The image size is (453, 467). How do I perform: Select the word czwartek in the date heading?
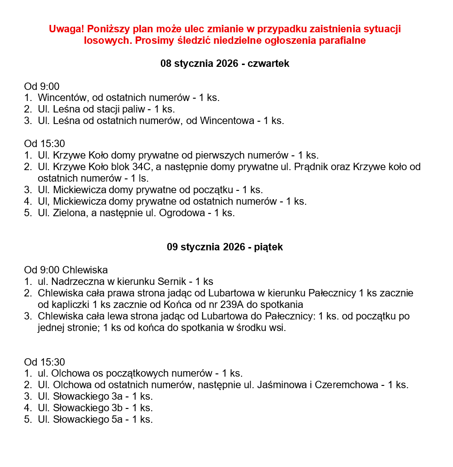coord(269,64)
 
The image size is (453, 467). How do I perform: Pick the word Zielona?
coord(68,213)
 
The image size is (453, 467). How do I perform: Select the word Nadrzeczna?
coord(73,281)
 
